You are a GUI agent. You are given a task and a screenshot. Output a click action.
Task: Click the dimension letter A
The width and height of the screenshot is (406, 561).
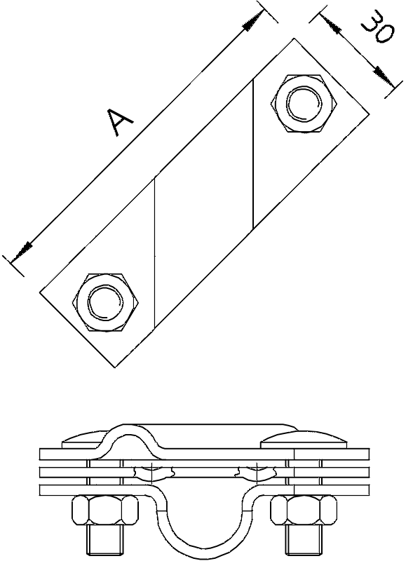tap(121, 122)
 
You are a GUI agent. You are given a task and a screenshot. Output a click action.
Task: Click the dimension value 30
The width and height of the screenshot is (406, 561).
tap(378, 29)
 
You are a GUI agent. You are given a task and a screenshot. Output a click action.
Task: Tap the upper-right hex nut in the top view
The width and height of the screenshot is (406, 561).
tap(304, 103)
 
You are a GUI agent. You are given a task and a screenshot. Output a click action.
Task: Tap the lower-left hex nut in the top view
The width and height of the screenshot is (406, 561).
tap(105, 303)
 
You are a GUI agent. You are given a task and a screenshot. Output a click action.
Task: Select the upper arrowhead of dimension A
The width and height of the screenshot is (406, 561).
tap(253, 20)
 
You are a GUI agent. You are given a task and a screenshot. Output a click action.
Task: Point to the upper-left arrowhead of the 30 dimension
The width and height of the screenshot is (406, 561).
tap(330, 25)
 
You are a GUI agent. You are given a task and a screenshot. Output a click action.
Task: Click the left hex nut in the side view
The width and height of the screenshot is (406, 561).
tap(104, 511)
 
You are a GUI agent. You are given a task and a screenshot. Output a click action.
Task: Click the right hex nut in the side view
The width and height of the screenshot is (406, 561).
tap(304, 511)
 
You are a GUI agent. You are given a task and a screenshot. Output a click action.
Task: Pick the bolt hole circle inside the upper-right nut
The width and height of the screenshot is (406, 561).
tap(304, 103)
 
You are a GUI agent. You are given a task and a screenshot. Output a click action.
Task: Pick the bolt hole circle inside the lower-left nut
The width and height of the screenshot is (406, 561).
tap(105, 303)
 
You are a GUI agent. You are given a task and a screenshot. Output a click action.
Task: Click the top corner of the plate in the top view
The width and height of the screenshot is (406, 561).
tap(294, 39)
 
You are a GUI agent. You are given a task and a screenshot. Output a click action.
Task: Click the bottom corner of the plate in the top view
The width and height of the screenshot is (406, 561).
tap(114, 367)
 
